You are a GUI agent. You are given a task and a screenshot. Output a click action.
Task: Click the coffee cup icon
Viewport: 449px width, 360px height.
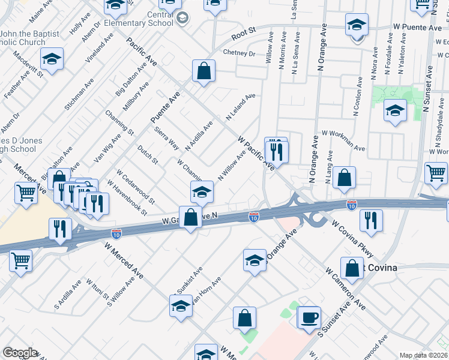coord(310,317)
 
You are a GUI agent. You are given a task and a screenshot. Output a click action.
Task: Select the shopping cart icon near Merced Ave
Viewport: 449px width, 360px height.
coord(26,194)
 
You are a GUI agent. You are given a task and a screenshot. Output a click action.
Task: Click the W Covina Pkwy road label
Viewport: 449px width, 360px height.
coord(352,237)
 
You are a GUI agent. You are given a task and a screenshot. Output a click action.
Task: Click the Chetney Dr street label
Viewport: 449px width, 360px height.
coord(240,53)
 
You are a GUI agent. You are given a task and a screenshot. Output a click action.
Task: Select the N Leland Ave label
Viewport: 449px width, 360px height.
coord(240,106)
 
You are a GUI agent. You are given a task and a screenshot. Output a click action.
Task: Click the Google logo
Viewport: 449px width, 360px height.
coord(20,353)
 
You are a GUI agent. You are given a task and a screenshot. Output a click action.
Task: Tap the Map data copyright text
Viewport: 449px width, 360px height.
coord(424,355)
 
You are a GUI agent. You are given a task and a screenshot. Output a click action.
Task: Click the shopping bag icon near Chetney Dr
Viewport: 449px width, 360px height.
coord(204,71)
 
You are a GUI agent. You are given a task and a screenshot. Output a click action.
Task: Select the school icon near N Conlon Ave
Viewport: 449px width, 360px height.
coord(394,111)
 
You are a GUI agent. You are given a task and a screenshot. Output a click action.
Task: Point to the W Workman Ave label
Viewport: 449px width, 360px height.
coord(343,140)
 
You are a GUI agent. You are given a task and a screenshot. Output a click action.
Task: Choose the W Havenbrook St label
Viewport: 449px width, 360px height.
coord(132,200)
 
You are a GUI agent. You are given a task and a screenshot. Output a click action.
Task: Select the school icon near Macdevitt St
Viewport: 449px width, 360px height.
coord(52,59)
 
